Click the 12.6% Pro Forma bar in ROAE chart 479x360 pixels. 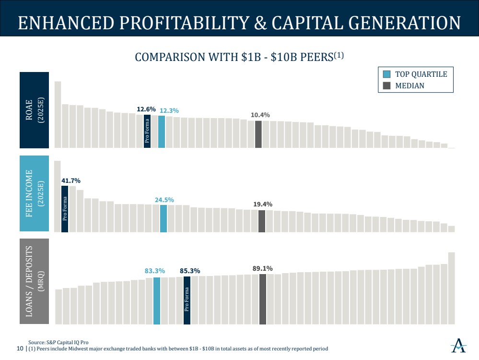click(x=147, y=131)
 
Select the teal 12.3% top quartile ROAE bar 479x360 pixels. click(x=162, y=132)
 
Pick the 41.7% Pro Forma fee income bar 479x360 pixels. click(x=65, y=209)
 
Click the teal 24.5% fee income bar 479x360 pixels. click(x=164, y=218)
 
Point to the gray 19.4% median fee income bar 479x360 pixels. click(x=262, y=221)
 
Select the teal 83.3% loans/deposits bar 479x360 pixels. click(x=156, y=300)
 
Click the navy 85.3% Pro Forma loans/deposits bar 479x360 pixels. click(x=187, y=300)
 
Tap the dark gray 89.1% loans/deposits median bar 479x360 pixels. click(x=263, y=299)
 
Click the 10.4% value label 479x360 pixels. click(x=260, y=115)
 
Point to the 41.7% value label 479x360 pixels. click(x=71, y=180)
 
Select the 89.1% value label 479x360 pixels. click(x=263, y=268)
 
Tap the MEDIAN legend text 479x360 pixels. click(x=409, y=86)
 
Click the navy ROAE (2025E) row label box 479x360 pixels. click(x=35, y=110)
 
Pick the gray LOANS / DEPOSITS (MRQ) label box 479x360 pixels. click(x=35, y=281)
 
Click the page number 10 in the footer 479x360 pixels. click(x=20, y=348)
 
